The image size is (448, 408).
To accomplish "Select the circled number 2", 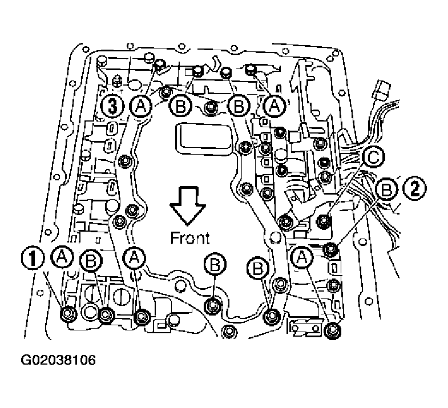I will tap(415, 187).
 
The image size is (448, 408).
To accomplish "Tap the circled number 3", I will tap(111, 106).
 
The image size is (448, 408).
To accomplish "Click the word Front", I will tap(190, 237).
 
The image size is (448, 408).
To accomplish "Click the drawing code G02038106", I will tap(58, 361).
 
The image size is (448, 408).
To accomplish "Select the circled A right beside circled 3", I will tap(140, 106).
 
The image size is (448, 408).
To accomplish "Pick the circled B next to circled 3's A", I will tap(179, 106).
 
